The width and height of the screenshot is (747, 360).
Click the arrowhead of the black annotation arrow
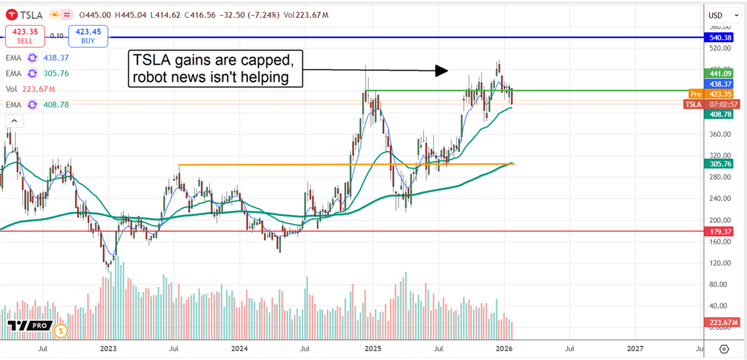coord(441,70)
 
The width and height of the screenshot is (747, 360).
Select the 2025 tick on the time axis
coord(372,349)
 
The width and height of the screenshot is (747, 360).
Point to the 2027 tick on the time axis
coord(635,349)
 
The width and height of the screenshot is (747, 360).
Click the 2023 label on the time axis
coord(108,349)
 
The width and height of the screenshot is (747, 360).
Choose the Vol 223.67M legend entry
coord(31,89)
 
